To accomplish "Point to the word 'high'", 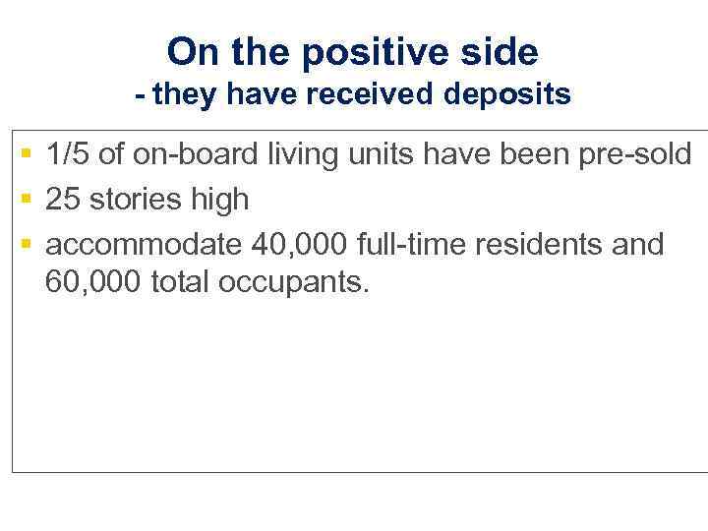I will (x=221, y=201).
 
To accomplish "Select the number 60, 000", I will (x=93, y=282).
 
